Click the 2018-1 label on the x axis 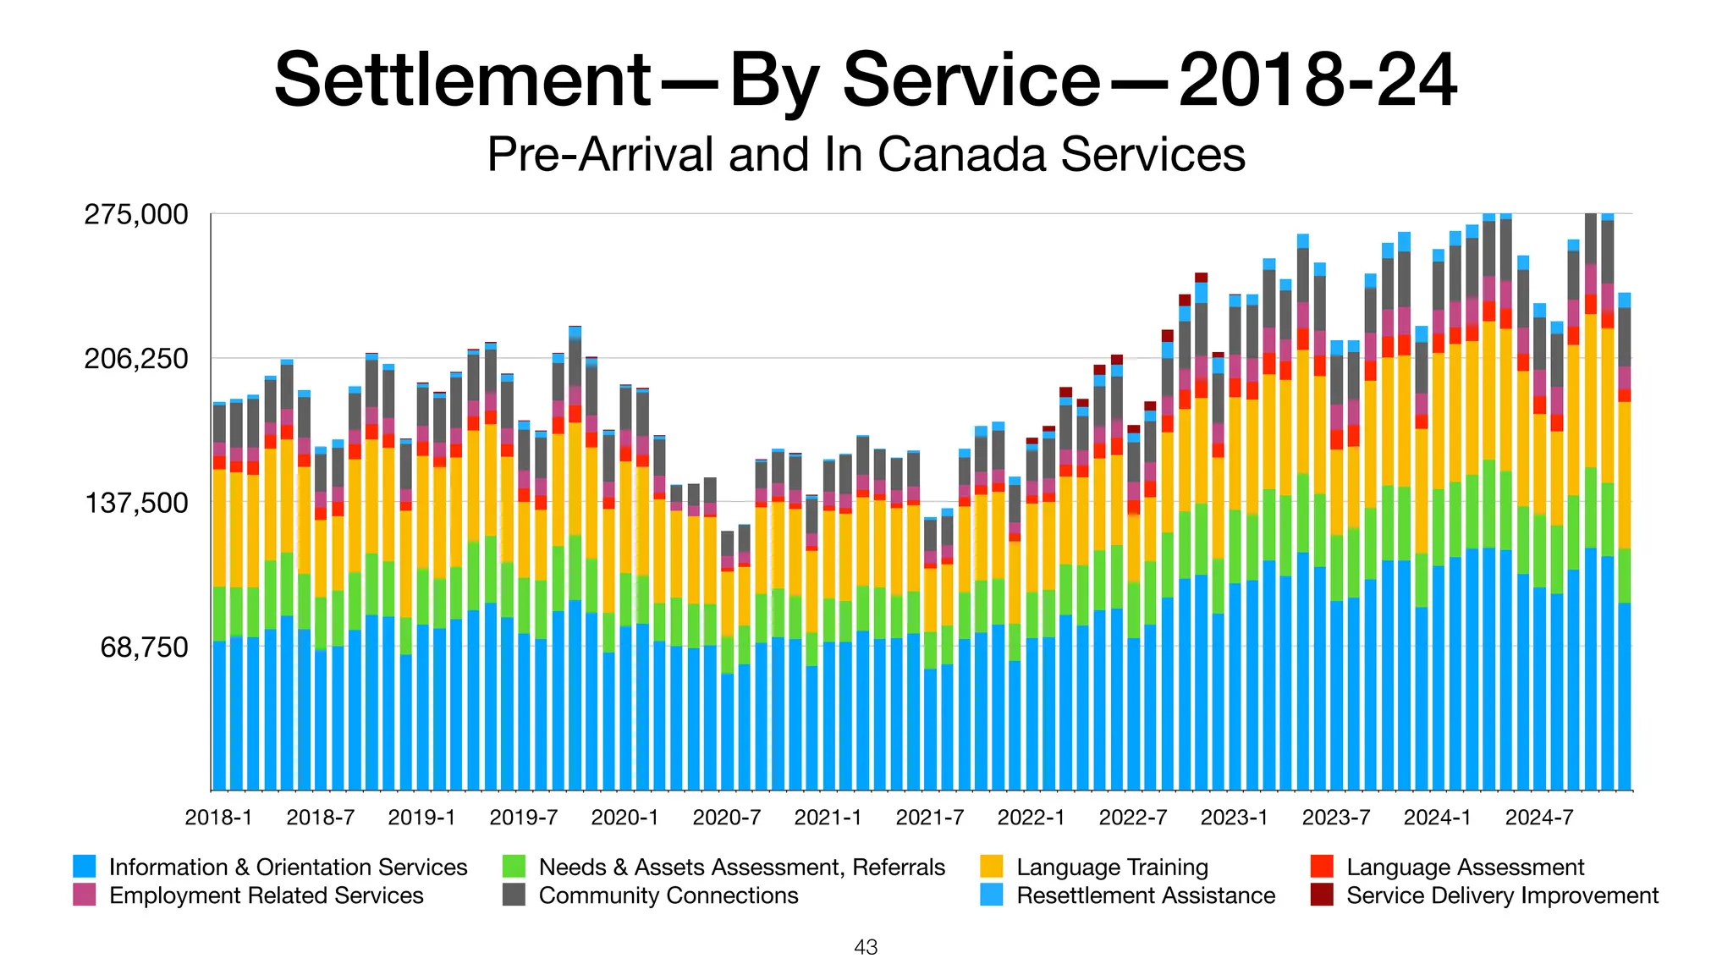tap(218, 818)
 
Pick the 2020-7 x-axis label tap(726, 818)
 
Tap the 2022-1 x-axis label tap(1031, 818)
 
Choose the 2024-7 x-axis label tap(1538, 818)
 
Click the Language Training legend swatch tap(992, 867)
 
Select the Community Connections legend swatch tap(514, 895)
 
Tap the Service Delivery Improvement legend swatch tap(1322, 895)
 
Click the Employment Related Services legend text tap(267, 895)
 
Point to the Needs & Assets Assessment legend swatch tap(514, 867)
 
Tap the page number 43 tap(866, 948)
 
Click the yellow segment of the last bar tap(1624, 474)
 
